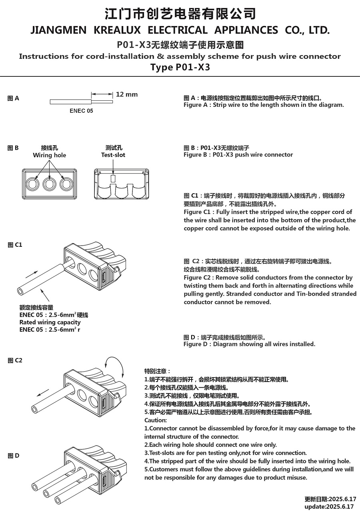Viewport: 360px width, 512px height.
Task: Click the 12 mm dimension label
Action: [126, 95]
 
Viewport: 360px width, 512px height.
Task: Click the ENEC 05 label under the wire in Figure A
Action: [81, 111]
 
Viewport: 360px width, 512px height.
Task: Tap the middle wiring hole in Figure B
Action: [49, 184]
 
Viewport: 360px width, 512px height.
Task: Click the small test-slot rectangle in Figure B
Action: [113, 178]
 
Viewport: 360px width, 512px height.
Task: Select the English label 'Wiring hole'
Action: [49, 155]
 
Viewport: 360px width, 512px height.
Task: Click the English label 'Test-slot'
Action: [113, 155]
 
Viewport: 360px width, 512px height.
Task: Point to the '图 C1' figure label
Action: [15, 245]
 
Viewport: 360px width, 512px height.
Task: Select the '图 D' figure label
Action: [13, 456]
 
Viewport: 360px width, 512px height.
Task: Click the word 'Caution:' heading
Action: [156, 420]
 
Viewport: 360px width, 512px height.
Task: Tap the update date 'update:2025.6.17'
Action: [329, 506]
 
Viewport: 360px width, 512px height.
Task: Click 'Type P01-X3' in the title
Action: [180, 67]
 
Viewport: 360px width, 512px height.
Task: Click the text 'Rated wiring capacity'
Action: [50, 322]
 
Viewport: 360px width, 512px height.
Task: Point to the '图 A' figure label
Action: [13, 98]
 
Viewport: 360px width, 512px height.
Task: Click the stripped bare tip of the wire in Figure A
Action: [102, 102]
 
